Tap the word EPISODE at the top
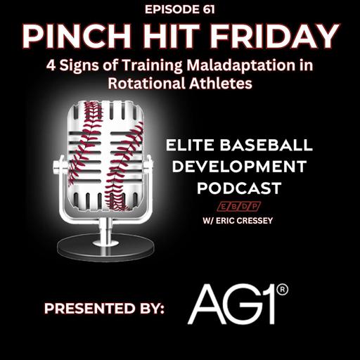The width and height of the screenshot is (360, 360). click(x=171, y=10)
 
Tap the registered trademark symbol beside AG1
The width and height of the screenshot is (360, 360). click(x=283, y=288)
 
